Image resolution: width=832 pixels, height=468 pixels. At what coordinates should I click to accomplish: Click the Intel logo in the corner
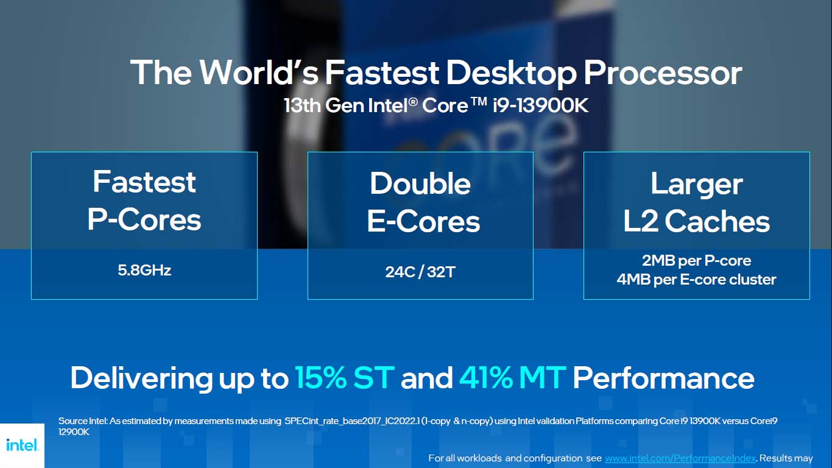click(x=22, y=445)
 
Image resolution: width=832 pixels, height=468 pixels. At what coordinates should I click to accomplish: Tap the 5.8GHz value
click(x=144, y=270)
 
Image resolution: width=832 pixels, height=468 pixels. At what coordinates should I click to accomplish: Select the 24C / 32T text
click(x=420, y=272)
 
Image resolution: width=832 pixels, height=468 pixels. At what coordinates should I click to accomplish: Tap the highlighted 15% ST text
click(x=344, y=378)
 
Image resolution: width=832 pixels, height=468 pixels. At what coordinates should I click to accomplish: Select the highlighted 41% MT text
click(x=513, y=378)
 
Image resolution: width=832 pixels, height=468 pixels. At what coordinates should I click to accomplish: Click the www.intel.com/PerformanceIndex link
click(x=680, y=458)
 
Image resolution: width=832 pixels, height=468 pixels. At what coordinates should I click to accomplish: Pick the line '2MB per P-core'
click(x=696, y=261)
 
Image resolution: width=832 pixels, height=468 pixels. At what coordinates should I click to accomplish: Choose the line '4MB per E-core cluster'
click(x=696, y=280)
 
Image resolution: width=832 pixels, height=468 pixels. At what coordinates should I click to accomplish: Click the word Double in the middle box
click(x=420, y=183)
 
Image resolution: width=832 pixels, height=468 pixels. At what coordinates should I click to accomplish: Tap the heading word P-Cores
click(x=144, y=219)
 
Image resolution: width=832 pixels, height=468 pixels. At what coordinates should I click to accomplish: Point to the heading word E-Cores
click(x=423, y=221)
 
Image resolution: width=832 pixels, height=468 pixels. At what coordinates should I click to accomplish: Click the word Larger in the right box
click(x=696, y=183)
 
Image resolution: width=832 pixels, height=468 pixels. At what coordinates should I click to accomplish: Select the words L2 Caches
click(x=696, y=221)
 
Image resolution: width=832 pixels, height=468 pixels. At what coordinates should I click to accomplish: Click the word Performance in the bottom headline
click(x=663, y=378)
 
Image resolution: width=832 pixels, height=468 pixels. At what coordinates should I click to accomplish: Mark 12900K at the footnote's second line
click(x=74, y=432)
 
